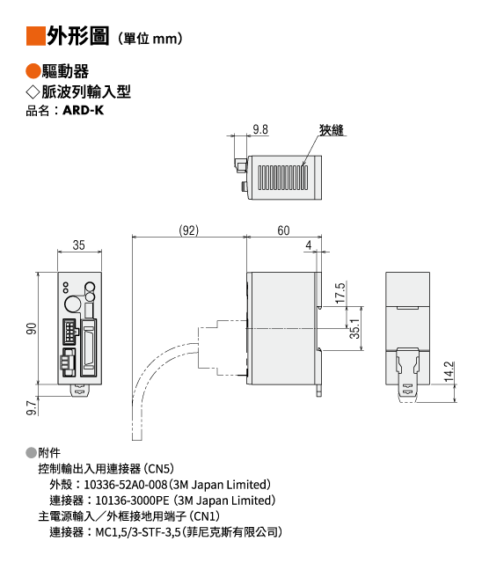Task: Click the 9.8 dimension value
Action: click(260, 129)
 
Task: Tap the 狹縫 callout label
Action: click(332, 130)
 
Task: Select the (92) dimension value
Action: click(189, 230)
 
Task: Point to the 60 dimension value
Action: click(283, 230)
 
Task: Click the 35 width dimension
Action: click(79, 245)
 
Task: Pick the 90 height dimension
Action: click(32, 328)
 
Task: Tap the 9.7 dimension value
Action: click(32, 408)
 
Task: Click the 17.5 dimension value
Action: click(340, 293)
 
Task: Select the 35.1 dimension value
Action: click(354, 328)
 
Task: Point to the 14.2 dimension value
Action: click(449, 371)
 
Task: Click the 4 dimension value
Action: click(309, 245)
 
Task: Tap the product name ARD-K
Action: click(84, 110)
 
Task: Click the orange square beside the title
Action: click(36, 36)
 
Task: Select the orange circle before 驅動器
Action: click(33, 71)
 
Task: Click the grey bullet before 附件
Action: click(31, 453)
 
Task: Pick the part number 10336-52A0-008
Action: click(126, 485)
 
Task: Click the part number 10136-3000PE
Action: click(132, 501)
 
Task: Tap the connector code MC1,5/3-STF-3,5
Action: click(138, 532)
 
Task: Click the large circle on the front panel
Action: click(74, 303)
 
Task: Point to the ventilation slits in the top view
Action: click(283, 178)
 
